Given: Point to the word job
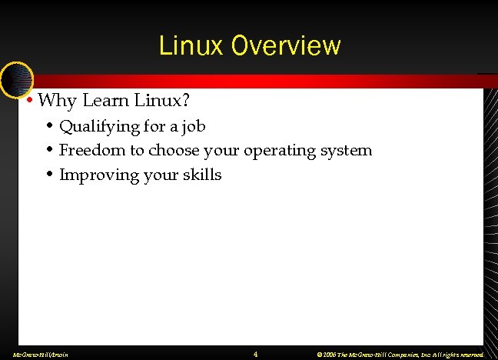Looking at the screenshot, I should tap(194, 125).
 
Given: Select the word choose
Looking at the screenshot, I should tap(174, 150).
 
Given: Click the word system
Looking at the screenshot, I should tap(347, 150).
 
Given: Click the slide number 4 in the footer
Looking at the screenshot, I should tap(255, 354).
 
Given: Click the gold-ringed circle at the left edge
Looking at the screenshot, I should tap(15, 79).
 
